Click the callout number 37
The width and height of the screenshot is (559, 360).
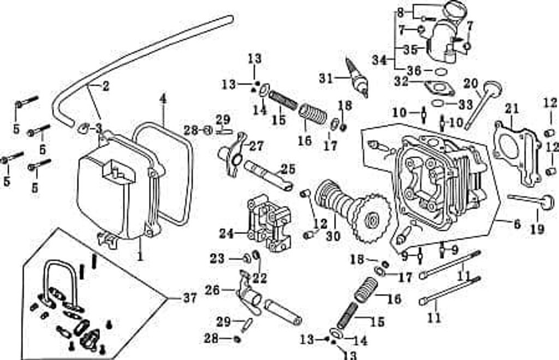[x=189, y=298]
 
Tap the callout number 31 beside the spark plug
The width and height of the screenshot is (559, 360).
[x=325, y=78]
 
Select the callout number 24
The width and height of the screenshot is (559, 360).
[x=227, y=234]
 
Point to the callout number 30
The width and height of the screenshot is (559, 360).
[x=333, y=236]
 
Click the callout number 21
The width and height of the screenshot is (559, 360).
[x=512, y=109]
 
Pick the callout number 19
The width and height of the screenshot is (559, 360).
[x=538, y=229]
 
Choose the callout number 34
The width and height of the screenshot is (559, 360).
[x=379, y=60]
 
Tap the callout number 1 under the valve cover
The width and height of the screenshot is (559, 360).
[x=140, y=255]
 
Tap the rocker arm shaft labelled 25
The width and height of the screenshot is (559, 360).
[x=269, y=176]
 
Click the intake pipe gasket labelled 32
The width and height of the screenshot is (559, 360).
[x=439, y=89]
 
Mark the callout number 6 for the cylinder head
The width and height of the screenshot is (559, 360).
[x=517, y=224]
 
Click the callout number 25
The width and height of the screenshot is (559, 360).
[x=288, y=169]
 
